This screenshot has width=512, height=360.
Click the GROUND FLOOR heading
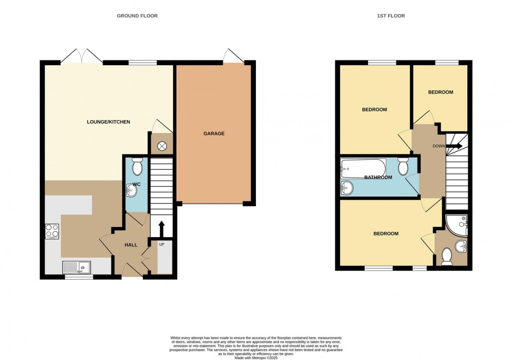[x=137, y=16]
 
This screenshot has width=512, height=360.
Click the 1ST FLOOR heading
[x=391, y=16]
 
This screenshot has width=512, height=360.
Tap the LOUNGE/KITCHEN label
[x=108, y=122]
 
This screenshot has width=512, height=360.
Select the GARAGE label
[x=214, y=134]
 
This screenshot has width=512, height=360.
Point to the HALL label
[x=131, y=245]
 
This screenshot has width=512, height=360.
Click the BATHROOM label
[x=378, y=177]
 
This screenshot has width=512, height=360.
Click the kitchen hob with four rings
[x=53, y=230]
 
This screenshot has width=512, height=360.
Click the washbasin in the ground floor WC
[x=132, y=189]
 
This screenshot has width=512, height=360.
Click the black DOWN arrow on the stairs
[x=454, y=146]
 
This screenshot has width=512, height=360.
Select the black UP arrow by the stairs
[x=162, y=229]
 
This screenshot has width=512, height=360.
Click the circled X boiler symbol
[x=162, y=146]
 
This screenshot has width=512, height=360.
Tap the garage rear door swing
[x=233, y=55]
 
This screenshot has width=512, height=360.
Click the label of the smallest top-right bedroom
[x=440, y=92]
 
